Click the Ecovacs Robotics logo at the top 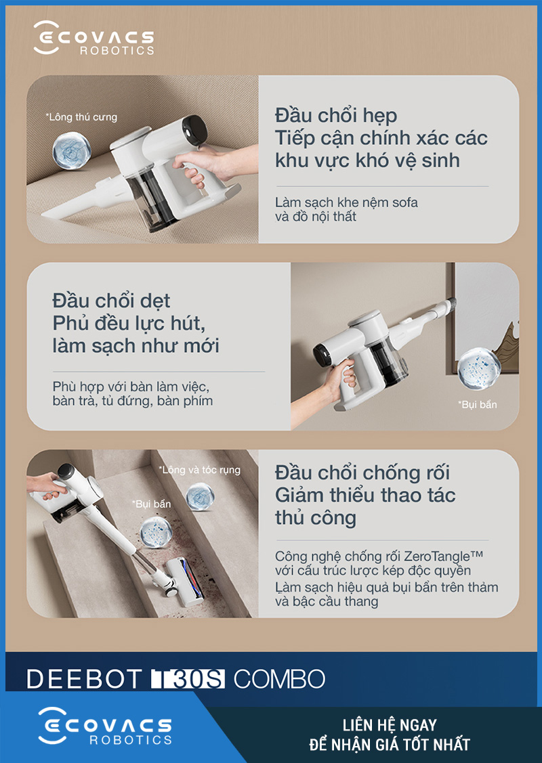(94, 38)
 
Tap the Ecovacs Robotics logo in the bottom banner (105, 726)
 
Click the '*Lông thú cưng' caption (81, 117)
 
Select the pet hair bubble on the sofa (72, 150)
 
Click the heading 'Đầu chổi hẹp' (336, 116)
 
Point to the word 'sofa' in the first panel (404, 202)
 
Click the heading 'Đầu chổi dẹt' (112, 301)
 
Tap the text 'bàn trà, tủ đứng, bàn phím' (133, 401)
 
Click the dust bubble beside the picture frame (479, 368)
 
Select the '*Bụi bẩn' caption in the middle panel (477, 404)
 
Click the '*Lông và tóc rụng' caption (200, 470)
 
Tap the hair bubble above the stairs (200, 496)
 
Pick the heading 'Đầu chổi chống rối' (362, 473)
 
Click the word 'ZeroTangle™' (443, 556)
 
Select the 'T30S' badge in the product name (188, 679)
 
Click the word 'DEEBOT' (84, 679)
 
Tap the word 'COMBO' (280, 679)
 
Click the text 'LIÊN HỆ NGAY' (390, 725)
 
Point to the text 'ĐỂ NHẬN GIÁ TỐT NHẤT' (390, 745)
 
